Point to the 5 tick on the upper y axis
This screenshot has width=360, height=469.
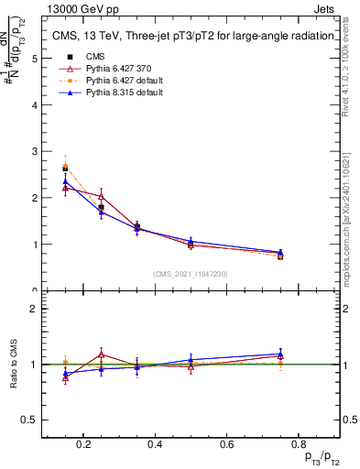tap(34, 58)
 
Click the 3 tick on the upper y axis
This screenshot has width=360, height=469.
tap(34, 151)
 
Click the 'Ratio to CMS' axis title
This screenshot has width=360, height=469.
tap(14, 364)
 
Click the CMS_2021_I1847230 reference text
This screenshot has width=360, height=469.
tap(191, 274)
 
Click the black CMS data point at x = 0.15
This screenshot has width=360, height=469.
tap(65, 169)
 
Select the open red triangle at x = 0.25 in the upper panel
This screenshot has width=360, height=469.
tap(101, 196)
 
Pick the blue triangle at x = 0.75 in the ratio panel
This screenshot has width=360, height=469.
tap(280, 354)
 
